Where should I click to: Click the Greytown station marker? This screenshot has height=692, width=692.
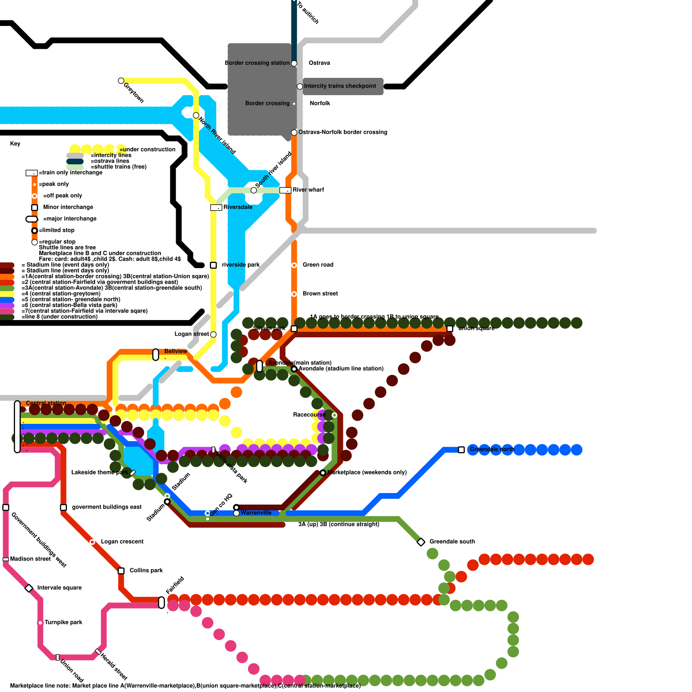(121, 81)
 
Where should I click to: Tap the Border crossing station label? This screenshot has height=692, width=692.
(257, 63)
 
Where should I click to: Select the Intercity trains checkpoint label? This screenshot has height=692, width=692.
(340, 86)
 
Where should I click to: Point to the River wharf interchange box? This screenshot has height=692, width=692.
(285, 190)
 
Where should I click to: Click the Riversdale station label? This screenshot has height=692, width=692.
(238, 207)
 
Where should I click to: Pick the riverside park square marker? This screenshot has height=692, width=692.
(213, 265)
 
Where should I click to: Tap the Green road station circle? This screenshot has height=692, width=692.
(294, 265)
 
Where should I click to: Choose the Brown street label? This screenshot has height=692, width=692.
(320, 294)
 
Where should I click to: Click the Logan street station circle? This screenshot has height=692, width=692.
(213, 334)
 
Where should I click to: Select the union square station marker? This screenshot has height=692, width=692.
(450, 329)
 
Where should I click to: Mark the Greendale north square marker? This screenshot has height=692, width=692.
(461, 450)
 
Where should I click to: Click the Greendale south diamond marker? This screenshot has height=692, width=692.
(421, 542)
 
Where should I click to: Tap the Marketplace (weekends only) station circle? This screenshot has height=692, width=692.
(323, 473)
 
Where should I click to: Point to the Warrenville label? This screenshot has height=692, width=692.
(256, 513)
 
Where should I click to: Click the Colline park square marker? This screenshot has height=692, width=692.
(121, 571)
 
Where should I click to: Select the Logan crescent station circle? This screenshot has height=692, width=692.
(92, 542)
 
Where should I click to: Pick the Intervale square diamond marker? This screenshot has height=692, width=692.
(29, 588)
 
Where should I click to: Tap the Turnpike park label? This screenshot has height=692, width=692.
(64, 622)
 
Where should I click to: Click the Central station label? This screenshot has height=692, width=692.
(46, 403)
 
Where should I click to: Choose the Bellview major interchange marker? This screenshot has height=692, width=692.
(156, 355)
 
